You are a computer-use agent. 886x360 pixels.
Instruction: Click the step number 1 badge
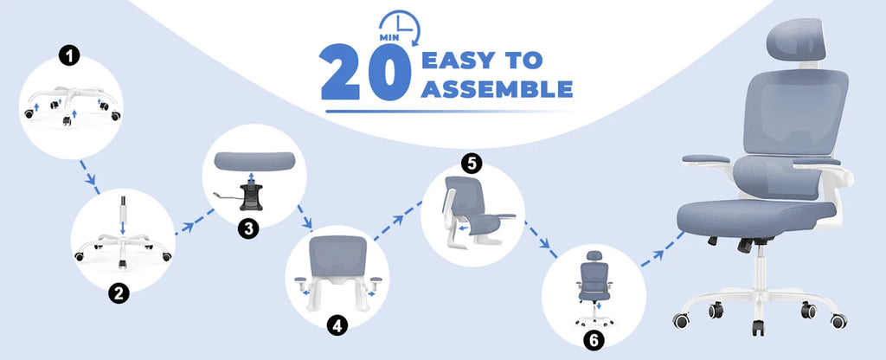coord(69,57)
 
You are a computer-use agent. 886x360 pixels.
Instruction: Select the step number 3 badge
coord(249,228)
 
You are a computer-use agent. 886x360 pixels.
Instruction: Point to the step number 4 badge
coord(337,325)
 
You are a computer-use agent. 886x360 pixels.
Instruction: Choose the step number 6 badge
coord(594,340)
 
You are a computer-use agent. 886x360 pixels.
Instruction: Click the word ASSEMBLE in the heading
coord(497,88)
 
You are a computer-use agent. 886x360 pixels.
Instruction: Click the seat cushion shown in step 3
coord(255,161)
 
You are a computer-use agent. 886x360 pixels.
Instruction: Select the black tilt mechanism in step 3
coord(251,196)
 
